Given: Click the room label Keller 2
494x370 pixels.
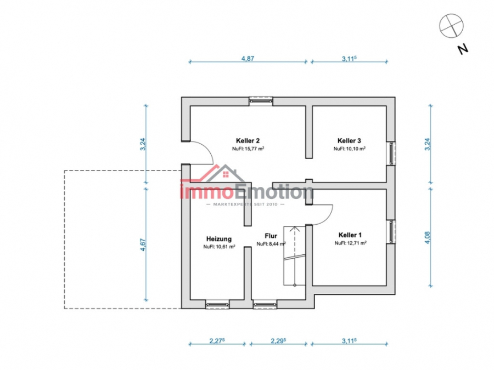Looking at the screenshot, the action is click(x=248, y=141).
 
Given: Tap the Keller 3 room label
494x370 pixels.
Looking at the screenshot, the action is click(x=349, y=141).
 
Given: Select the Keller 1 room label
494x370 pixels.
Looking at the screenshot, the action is click(x=350, y=235).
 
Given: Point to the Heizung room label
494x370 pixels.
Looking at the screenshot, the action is click(x=219, y=239).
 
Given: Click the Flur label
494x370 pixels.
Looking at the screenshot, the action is click(x=271, y=236).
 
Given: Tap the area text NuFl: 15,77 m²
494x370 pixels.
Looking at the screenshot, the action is click(x=248, y=149).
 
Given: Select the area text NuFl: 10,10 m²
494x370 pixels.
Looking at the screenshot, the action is click(x=350, y=149).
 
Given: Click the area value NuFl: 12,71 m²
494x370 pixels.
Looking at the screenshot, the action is click(x=350, y=243).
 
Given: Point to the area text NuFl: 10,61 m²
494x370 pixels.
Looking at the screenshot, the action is click(x=219, y=247).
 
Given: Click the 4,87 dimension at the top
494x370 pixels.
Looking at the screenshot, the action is click(x=248, y=59).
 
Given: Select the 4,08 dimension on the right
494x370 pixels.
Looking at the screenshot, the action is click(x=427, y=237).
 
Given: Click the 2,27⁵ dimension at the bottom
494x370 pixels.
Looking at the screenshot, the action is click(x=217, y=341).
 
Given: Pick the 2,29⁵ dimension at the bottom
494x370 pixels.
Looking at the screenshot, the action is click(x=278, y=341).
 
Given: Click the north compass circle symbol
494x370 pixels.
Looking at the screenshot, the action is click(x=452, y=26).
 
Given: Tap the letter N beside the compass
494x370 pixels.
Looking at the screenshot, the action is click(x=463, y=49).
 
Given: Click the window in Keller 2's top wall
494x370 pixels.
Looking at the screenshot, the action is click(x=261, y=101).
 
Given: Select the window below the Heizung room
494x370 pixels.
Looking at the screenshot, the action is click(x=217, y=304).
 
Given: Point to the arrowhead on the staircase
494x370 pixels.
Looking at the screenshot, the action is click(x=295, y=229).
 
